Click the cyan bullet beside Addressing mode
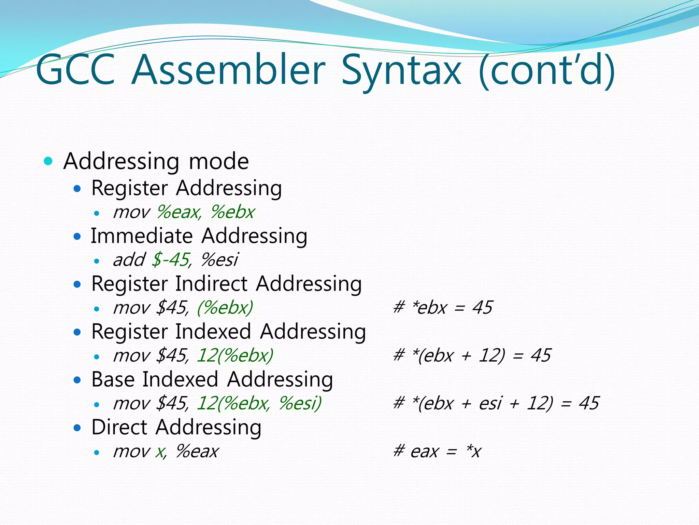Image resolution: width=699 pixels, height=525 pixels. [x=48, y=161]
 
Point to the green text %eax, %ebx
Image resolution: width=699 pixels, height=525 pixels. [x=205, y=212]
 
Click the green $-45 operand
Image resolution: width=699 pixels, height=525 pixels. [x=170, y=259]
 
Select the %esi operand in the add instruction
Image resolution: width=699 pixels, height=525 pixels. [x=219, y=260]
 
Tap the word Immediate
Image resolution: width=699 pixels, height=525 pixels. [x=142, y=236]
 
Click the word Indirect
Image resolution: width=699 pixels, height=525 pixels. [x=211, y=284]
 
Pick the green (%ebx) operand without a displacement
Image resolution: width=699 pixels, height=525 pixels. [x=225, y=308]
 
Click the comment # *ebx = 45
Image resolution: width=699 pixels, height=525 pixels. [x=442, y=308]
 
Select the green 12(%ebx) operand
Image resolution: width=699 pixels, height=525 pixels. [x=235, y=355]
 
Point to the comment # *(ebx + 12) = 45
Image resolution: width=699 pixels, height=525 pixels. [x=472, y=355]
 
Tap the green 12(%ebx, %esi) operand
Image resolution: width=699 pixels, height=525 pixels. [x=259, y=403]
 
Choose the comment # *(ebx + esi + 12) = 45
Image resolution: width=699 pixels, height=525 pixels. [x=496, y=403]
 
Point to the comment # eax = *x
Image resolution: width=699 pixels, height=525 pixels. [x=437, y=451]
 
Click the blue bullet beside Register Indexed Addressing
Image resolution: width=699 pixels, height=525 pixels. [x=77, y=332]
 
